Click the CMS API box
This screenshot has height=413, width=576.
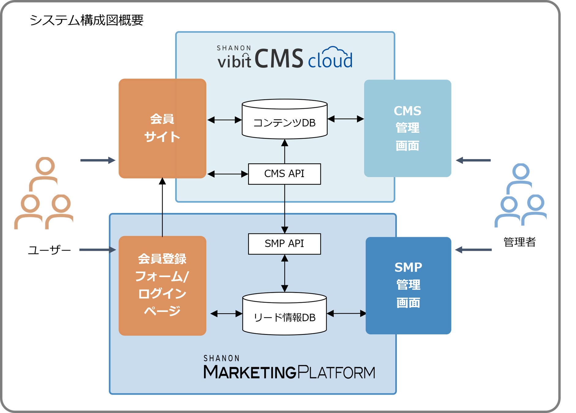point(284,174)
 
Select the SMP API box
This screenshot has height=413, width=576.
point(284,244)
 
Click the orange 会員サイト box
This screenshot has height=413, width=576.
point(162,128)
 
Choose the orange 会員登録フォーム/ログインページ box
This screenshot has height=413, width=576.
point(162,285)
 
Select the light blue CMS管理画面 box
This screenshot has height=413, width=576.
point(407,128)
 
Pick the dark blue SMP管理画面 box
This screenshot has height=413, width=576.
point(408,285)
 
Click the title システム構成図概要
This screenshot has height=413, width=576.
point(86,20)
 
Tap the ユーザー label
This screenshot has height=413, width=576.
point(49,250)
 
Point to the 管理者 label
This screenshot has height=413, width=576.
point(519,242)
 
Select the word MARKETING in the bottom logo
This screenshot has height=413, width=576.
point(250,372)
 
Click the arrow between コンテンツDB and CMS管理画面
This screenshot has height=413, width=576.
point(346,119)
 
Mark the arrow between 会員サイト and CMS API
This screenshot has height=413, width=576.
point(228,174)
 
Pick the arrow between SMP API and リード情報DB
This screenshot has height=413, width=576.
point(284,273)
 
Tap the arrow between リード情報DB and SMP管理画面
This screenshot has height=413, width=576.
point(346,313)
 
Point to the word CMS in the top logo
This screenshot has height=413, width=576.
point(278,58)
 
